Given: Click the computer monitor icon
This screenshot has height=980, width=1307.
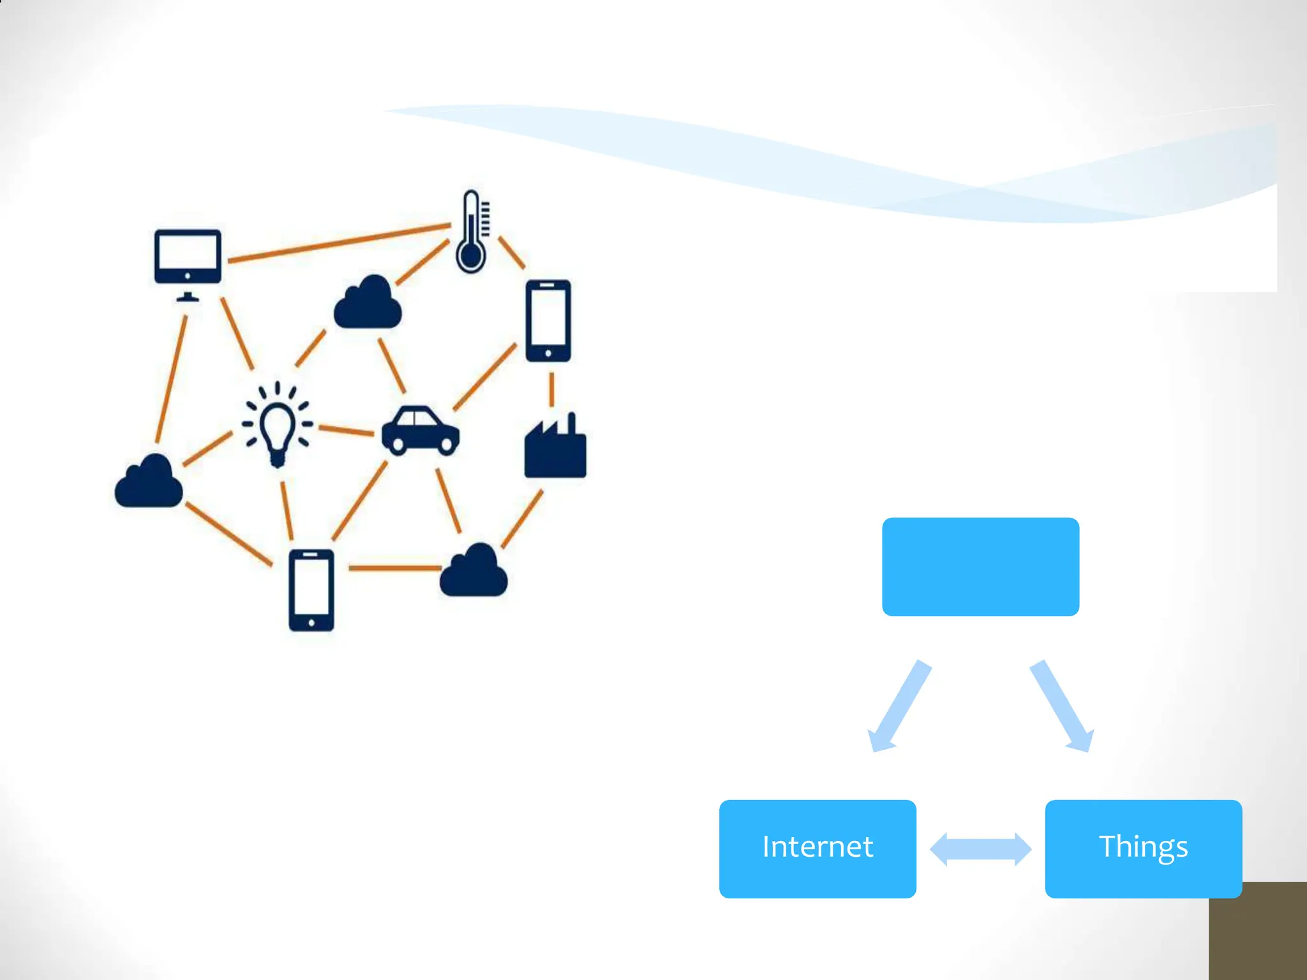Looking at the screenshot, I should coord(188,258).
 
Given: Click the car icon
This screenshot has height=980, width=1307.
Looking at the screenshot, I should coord(420,431).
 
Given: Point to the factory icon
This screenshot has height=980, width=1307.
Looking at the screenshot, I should coord(555,449).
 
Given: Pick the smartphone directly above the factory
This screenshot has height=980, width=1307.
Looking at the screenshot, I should coord(548,321).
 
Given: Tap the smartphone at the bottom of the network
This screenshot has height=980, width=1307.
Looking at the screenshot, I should coord(311,590).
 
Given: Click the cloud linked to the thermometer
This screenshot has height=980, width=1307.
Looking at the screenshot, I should coord(368,303).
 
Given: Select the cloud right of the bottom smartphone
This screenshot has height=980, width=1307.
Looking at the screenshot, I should coord(474,571).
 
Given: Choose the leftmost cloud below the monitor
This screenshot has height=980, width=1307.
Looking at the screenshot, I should coord(149,482).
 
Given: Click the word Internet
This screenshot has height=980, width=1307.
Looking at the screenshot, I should coord(818,847).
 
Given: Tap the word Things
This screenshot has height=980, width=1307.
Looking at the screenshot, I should coord(1143,847).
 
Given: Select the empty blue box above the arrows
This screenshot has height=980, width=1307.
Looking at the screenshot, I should coord(980,567).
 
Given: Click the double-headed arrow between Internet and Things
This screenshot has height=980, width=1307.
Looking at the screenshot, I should coord(980,849).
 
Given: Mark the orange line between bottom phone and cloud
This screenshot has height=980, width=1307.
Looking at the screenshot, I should coord(394,567).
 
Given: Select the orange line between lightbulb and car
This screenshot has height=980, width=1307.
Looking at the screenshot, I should coord(346,431).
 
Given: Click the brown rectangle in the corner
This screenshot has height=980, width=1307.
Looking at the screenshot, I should coord(1257,932).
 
